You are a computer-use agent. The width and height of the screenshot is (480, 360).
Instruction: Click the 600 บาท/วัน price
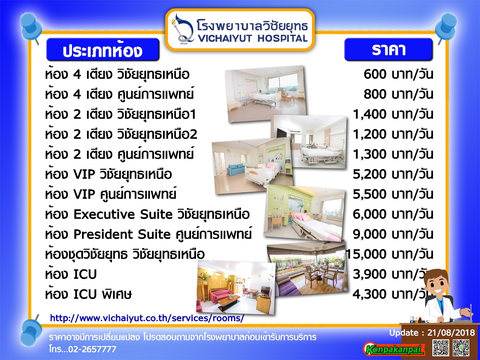point(398,74)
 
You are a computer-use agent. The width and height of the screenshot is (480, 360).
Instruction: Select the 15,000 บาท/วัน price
point(389,254)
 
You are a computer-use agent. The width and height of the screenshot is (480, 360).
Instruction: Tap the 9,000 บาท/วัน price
point(393,234)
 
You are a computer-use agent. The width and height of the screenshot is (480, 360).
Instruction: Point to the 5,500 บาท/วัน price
point(393,194)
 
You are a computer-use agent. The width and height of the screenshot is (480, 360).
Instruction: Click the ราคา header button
point(388,49)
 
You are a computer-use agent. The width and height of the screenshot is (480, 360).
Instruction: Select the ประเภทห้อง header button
point(103,50)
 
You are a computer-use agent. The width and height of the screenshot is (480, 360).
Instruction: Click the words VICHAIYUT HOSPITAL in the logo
point(253,38)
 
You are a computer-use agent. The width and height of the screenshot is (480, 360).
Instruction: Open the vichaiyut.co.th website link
point(147,318)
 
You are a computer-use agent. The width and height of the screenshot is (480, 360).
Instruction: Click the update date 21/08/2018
point(451,332)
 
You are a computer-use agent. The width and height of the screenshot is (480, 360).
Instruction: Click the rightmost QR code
point(461,348)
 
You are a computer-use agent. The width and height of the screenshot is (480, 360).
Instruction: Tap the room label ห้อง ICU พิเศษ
point(88,294)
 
